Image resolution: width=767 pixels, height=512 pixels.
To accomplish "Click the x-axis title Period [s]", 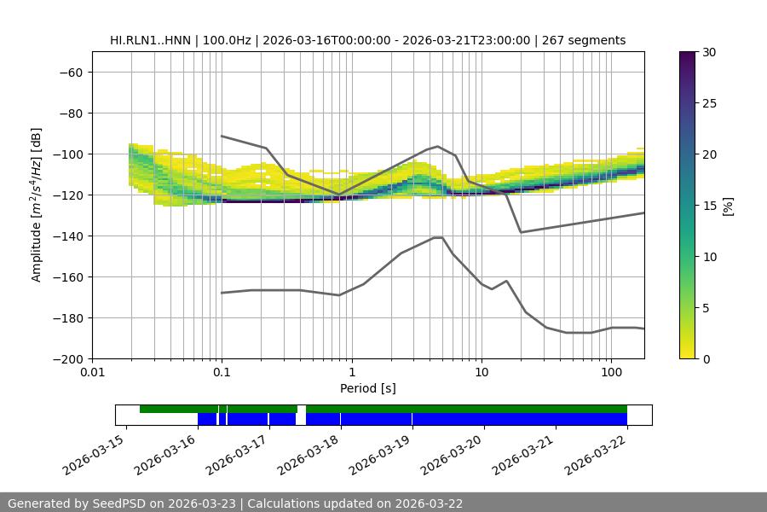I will tap(367, 388).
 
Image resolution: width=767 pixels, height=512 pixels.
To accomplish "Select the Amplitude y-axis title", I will tap(37, 205).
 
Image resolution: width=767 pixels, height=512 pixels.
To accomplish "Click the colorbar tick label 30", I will tap(709, 52).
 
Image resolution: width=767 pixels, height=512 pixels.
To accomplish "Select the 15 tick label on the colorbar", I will tap(709, 205).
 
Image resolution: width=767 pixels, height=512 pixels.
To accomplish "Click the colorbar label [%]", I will tap(730, 205).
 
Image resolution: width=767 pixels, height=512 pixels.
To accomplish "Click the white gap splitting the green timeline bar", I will tap(301, 409).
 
